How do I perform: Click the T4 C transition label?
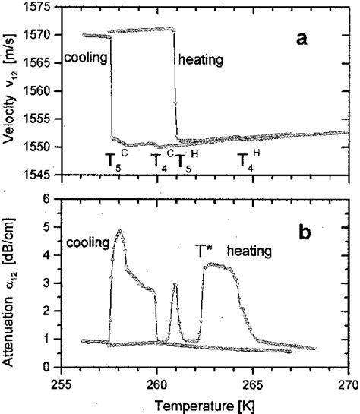click(x=161, y=160)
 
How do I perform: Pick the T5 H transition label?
click(x=185, y=160)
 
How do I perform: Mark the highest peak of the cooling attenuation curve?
click(x=119, y=230)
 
